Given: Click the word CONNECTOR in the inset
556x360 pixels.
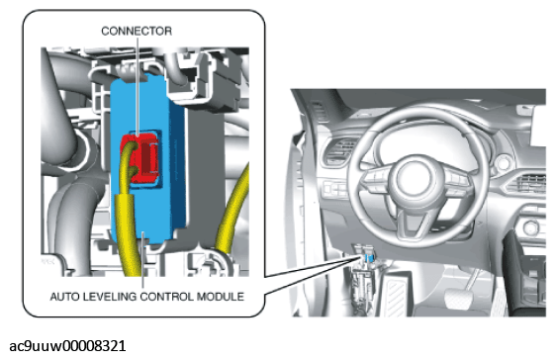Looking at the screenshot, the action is point(137,32).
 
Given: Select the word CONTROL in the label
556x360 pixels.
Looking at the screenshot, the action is point(166,297).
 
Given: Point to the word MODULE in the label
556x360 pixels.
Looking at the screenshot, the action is point(221,297).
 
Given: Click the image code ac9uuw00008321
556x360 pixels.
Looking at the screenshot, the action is point(67,346).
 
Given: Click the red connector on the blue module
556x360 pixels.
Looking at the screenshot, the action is point(140,157).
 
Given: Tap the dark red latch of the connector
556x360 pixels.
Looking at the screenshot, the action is point(149,156).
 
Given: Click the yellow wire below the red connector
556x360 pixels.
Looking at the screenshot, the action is point(128,226).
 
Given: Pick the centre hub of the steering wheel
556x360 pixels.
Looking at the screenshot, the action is point(414,178).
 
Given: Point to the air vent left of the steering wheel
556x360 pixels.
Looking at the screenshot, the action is point(339,151).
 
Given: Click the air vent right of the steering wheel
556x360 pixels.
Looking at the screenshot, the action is point(529,183).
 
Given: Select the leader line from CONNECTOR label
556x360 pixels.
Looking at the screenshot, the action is point(138,85).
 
